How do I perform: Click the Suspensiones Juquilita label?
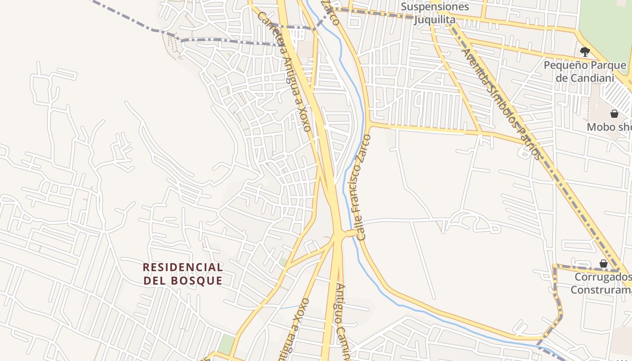point(435,14)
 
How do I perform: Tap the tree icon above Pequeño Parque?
point(585,51)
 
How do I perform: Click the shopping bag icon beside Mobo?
point(614,113)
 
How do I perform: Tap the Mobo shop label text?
point(609,127)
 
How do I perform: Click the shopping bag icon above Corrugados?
point(603,264)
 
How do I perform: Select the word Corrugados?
point(602,277)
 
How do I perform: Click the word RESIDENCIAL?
point(183,267)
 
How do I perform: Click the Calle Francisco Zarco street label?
point(363,187)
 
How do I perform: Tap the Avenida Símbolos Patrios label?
point(501,104)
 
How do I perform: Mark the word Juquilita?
point(435,20)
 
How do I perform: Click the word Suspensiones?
point(435,7)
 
